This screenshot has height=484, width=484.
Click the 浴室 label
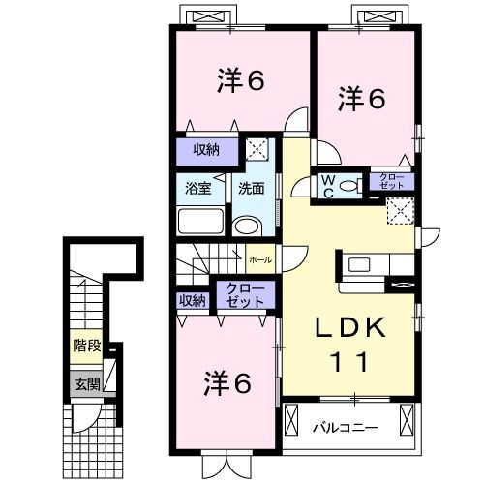pyautogui.click(x=197, y=189)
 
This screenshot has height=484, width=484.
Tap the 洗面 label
pyautogui.click(x=250, y=189)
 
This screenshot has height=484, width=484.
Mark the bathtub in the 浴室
pyautogui.click(x=199, y=222)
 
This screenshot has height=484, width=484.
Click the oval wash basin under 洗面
pyautogui.click(x=249, y=227)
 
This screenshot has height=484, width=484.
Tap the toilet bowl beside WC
pyautogui.click(x=351, y=186)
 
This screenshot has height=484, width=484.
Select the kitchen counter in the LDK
pyautogui.click(x=366, y=263)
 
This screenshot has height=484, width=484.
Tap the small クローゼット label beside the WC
pyautogui.click(x=392, y=181)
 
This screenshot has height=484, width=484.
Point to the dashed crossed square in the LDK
pyautogui.click(x=399, y=211)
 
